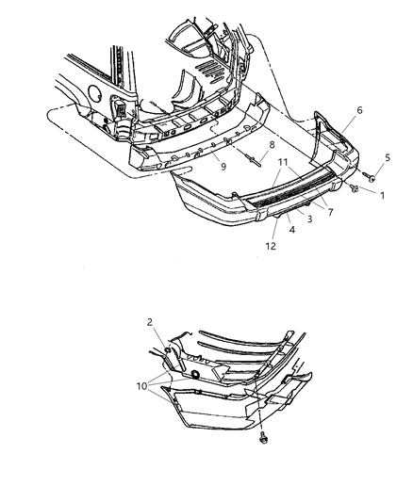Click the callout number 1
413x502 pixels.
point(382,195)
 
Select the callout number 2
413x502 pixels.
point(149,322)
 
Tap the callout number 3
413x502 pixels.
point(308,219)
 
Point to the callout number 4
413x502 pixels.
point(291,229)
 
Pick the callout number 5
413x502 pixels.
point(387,158)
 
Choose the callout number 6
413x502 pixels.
point(358,110)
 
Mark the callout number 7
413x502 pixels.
point(329,212)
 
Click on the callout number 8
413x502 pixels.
point(272,145)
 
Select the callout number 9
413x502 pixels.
point(223,167)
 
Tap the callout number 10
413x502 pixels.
point(142,386)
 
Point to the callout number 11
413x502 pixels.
point(282,162)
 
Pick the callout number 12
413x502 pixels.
point(273,247)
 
